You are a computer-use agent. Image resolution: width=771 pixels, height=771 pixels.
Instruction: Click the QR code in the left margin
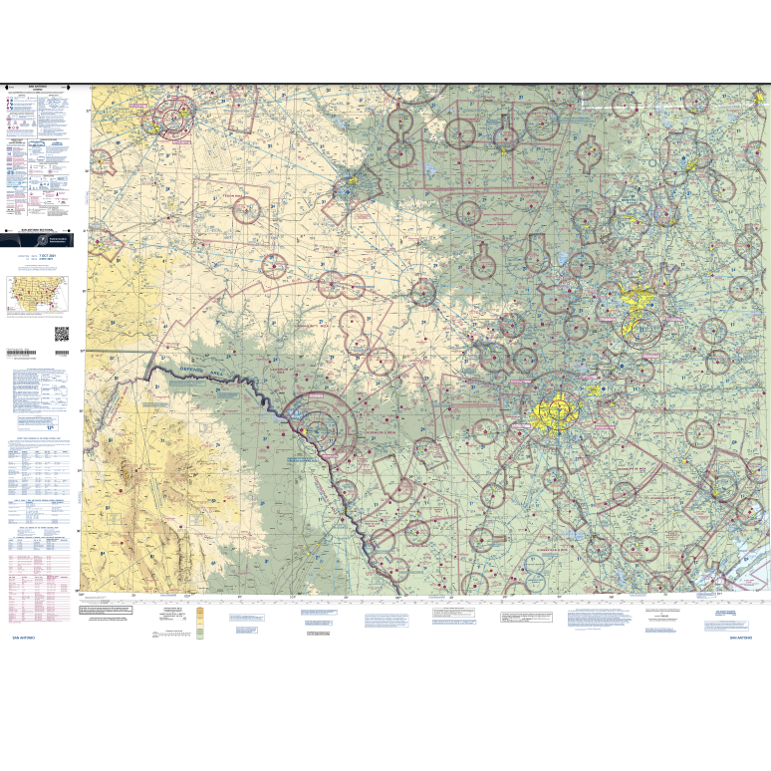pos(61,334)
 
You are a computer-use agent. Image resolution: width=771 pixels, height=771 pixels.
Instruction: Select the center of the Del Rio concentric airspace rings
pos(318,429)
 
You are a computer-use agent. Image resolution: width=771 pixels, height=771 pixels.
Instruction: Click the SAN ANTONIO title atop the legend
pos(39,89)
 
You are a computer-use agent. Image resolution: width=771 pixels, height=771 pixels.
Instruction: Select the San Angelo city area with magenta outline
pos(352,186)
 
